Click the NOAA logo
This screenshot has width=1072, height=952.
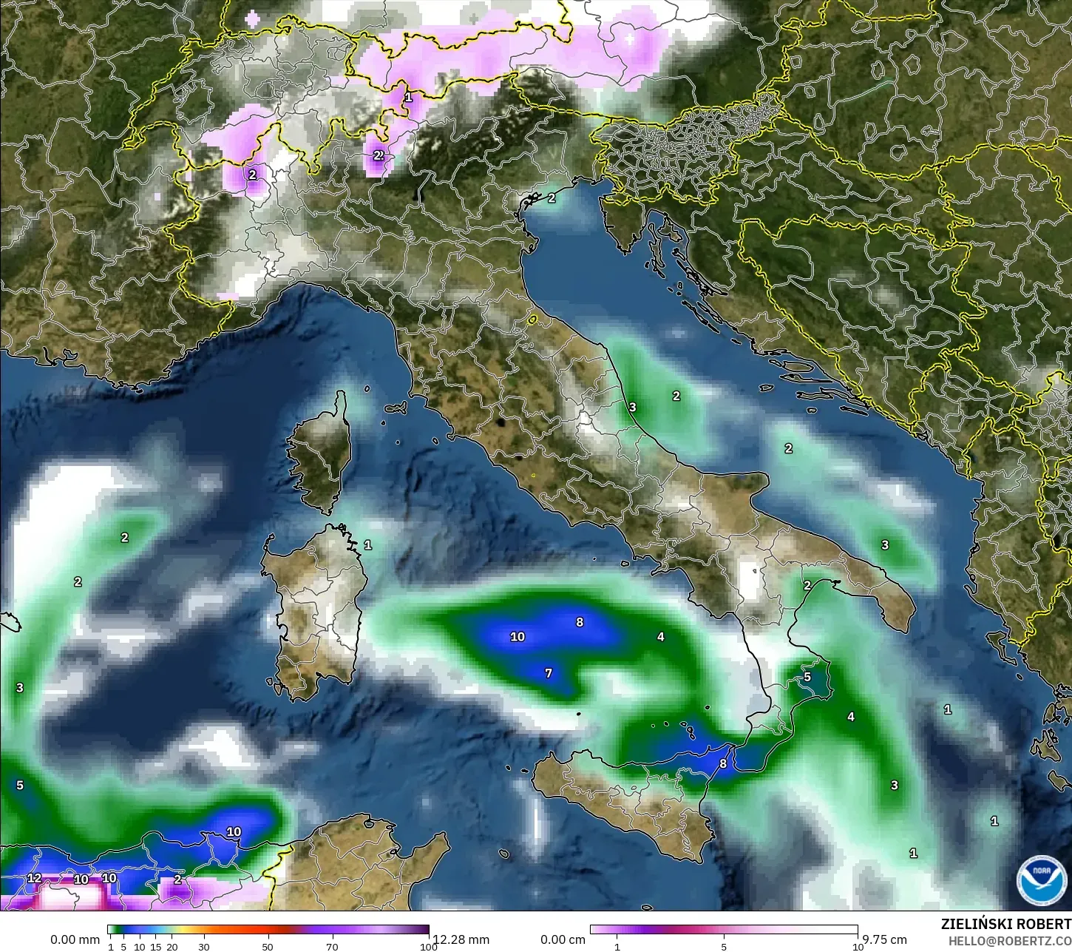click(x=1041, y=878)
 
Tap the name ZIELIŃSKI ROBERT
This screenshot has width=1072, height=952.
click(x=1005, y=925)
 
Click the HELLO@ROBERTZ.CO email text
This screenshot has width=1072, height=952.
click(x=1010, y=940)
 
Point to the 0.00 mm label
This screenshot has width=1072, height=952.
click(x=75, y=939)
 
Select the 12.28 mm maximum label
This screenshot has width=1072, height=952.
click(x=461, y=939)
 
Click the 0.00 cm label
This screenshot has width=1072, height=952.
click(x=563, y=939)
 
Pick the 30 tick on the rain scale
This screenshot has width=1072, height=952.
click(x=203, y=947)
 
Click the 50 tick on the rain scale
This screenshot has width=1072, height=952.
click(x=268, y=947)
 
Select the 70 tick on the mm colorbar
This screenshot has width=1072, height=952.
click(x=332, y=947)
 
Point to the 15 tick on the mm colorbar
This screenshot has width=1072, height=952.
click(x=156, y=947)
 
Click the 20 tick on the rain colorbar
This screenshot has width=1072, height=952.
click(x=172, y=947)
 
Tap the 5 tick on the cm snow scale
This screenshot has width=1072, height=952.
click(x=724, y=947)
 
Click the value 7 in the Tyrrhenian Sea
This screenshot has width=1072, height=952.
click(x=549, y=673)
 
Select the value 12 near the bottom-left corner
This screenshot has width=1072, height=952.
click(x=34, y=878)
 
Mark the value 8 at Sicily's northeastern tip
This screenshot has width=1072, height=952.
click(x=723, y=764)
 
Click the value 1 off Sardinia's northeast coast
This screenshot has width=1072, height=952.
click(x=368, y=545)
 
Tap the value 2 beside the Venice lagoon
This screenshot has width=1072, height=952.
click(x=552, y=198)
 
